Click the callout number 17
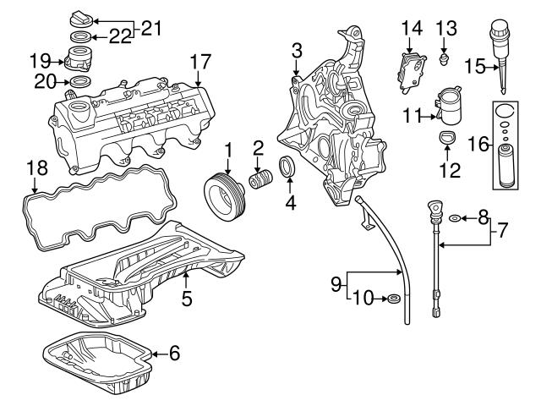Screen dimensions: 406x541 click(199, 63)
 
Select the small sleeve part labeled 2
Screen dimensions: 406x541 click(259, 183)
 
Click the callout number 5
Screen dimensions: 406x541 click(187, 298)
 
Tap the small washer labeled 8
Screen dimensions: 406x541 click(456, 219)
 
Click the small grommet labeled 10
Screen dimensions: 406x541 click(392, 299)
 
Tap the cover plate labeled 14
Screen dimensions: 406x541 click(412, 69)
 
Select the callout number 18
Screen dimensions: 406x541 click(34, 167)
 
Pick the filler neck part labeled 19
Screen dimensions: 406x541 click(78, 62)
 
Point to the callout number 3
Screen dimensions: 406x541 click(297, 52)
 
